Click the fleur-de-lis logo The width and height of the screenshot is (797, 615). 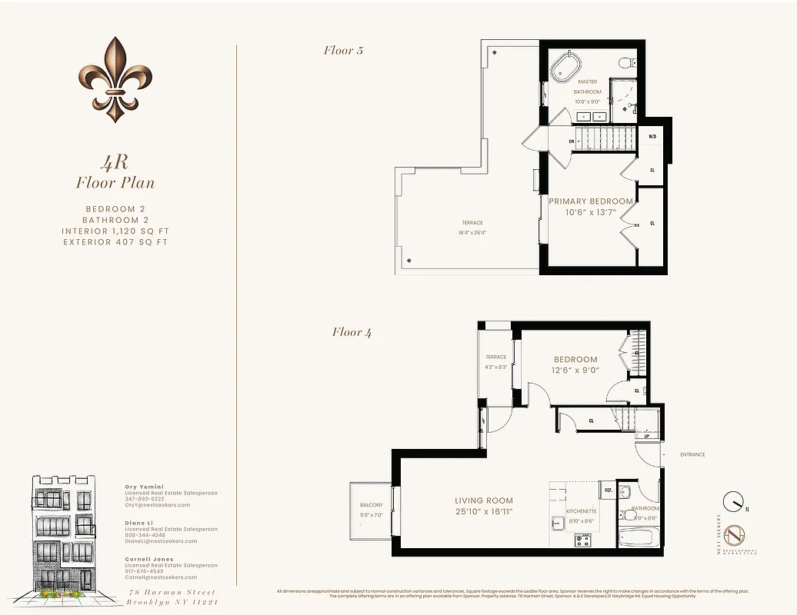(x=115, y=79)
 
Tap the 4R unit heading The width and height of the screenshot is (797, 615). (x=115, y=162)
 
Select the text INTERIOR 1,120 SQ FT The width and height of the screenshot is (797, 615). (x=115, y=231)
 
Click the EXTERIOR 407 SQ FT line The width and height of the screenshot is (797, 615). (x=115, y=242)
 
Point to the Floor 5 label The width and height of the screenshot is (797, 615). (x=343, y=51)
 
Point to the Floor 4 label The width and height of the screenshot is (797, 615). (x=352, y=332)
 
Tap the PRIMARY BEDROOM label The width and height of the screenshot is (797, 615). (x=591, y=201)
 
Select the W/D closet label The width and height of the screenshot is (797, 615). (x=652, y=137)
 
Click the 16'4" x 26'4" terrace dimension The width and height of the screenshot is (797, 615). (x=473, y=232)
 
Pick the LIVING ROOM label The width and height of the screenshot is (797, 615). (x=483, y=500)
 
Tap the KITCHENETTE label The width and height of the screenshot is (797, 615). (x=582, y=510)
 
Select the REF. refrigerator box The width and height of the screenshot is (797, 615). (x=607, y=490)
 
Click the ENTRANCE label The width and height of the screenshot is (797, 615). (x=692, y=454)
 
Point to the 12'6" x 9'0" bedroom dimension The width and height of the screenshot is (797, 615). (x=575, y=370)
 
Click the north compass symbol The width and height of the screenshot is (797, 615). (x=734, y=501)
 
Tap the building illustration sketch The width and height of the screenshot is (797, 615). (x=64, y=536)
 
